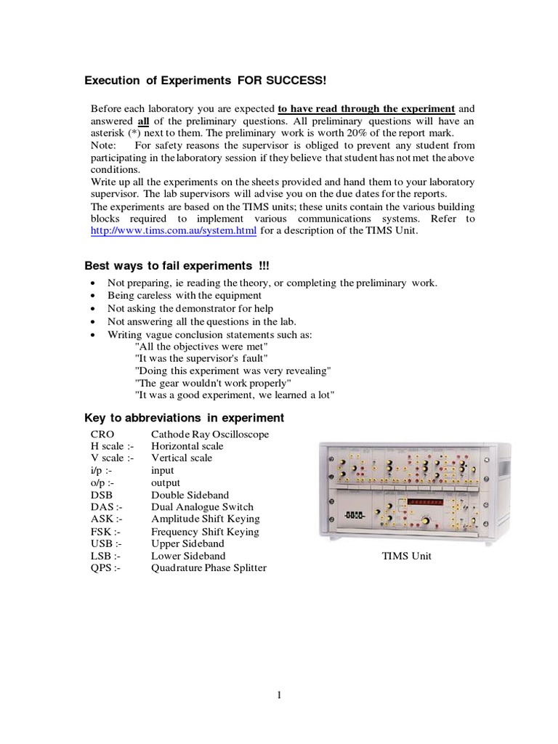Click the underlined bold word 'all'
click(x=144, y=121)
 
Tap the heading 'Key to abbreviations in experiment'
click(x=185, y=418)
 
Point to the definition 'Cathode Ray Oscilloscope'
click(x=210, y=434)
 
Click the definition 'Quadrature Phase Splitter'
click(x=209, y=568)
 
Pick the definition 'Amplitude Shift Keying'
click(x=205, y=519)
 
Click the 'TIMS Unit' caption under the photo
click(x=407, y=557)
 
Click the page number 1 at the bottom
click(x=279, y=695)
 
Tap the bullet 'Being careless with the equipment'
click(x=185, y=296)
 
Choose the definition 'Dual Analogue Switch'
click(x=202, y=507)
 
